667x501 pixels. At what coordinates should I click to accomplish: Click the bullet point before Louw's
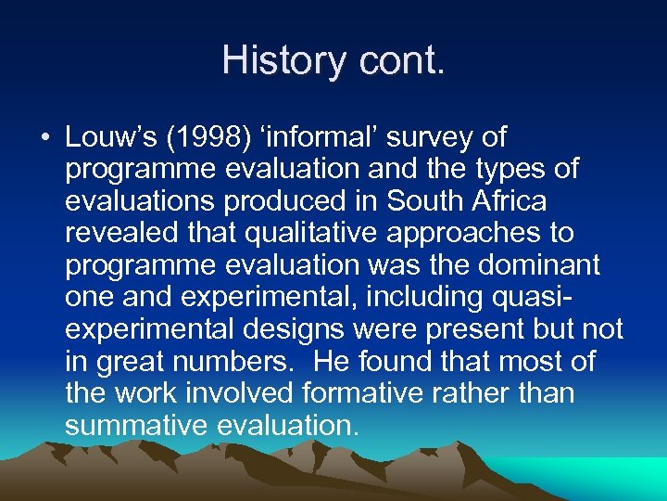(x=44, y=138)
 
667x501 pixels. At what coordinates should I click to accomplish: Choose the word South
(x=428, y=201)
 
